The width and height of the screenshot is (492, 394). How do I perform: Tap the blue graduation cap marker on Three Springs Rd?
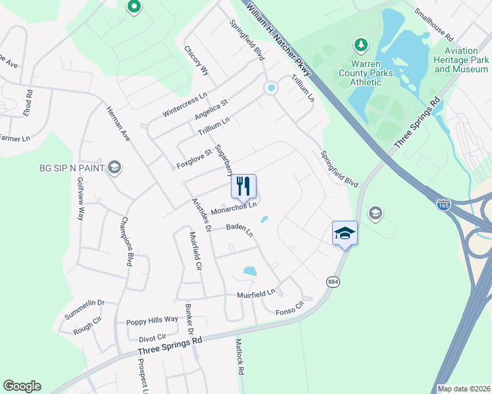(345, 234)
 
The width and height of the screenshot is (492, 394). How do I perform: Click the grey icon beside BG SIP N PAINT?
(114, 168)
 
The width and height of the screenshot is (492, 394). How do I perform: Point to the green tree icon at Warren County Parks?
(360, 45)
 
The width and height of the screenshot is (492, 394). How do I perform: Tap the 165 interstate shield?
(443, 206)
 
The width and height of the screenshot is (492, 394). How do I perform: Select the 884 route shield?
(333, 281)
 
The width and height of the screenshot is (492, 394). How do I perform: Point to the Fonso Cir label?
(291, 307)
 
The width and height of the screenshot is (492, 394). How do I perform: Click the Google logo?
(22, 386)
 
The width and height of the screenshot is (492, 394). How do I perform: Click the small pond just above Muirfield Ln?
(250, 271)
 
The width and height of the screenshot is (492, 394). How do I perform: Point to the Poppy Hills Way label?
(153, 320)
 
